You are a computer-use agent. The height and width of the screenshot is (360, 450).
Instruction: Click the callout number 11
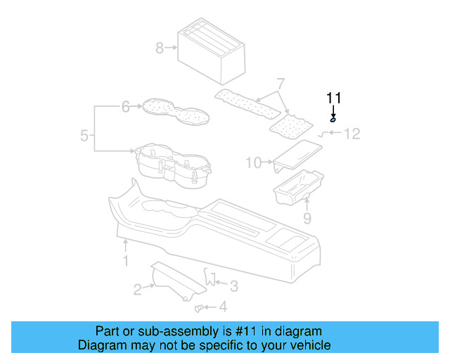[333, 97]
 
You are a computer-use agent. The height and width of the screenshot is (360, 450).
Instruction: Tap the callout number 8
[160, 48]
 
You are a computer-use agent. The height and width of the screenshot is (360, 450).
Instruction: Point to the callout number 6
[126, 107]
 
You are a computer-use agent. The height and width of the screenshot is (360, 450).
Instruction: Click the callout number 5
[84, 135]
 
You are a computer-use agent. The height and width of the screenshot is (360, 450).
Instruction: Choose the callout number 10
[253, 163]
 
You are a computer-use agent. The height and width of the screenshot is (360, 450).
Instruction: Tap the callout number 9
[307, 219]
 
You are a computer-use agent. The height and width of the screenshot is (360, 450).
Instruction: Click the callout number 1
[126, 262]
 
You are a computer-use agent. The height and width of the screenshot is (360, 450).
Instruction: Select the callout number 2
[139, 288]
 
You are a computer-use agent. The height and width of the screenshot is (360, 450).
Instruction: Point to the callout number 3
[234, 285]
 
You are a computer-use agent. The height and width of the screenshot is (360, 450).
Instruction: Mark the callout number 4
[223, 307]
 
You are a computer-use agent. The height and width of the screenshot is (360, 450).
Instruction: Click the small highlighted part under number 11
[333, 121]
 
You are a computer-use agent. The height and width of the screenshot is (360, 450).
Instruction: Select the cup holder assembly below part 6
[172, 167]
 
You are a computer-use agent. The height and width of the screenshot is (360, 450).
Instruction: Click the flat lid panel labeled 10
[297, 155]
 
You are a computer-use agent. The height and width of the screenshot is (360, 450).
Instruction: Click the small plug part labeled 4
[198, 307]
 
